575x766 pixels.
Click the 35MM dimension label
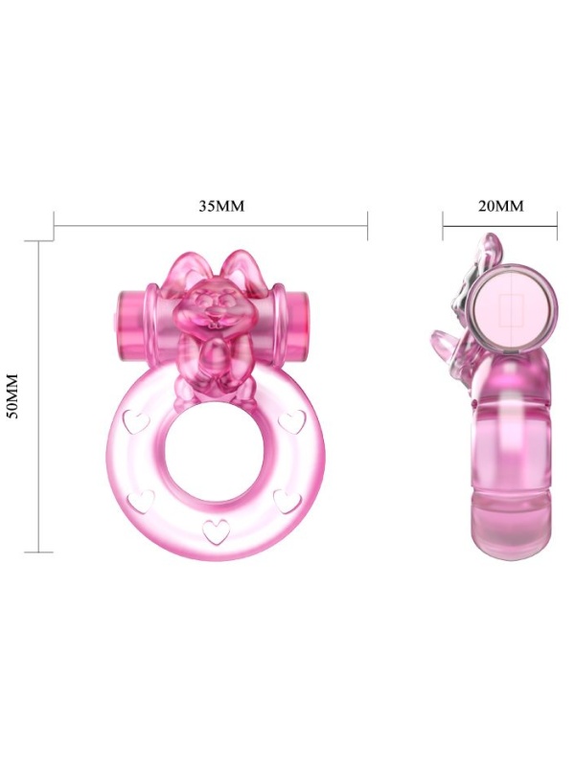221,206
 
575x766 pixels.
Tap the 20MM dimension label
500,206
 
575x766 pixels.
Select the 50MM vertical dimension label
12,395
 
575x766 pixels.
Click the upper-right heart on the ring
292,421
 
